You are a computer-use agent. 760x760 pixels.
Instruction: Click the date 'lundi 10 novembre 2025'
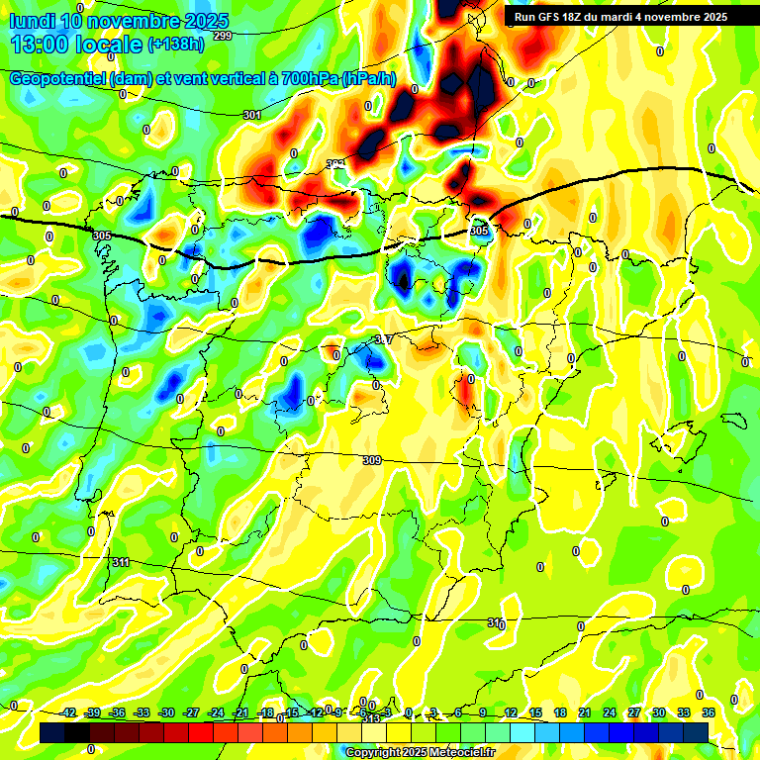(118, 21)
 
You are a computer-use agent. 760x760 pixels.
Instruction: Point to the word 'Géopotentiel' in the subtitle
(58, 79)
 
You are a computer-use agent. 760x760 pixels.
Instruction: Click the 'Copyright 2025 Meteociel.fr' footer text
(420, 752)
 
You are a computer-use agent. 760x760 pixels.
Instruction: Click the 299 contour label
(222, 36)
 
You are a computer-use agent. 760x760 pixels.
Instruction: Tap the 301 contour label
(252, 115)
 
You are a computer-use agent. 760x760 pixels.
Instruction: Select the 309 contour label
(371, 460)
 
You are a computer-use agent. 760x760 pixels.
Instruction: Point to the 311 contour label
(121, 562)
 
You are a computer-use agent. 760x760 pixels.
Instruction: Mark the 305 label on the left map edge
(102, 236)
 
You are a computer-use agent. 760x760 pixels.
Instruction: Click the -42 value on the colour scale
(68, 712)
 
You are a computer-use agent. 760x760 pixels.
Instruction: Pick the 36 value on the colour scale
(709, 712)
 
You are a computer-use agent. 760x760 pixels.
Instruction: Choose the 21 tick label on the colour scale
(585, 712)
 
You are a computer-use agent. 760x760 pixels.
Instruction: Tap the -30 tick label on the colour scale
(167, 712)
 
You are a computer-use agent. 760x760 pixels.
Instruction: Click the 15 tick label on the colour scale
(535, 712)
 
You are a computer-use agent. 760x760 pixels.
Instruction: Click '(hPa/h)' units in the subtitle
(368, 79)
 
